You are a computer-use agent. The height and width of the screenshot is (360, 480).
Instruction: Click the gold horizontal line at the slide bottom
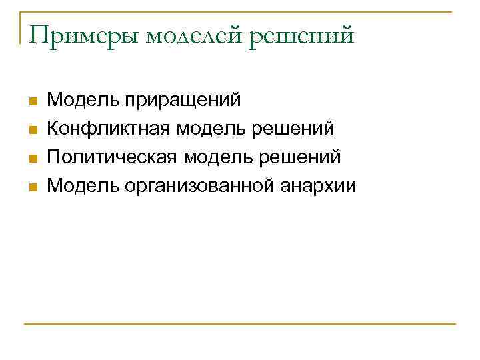240,325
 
